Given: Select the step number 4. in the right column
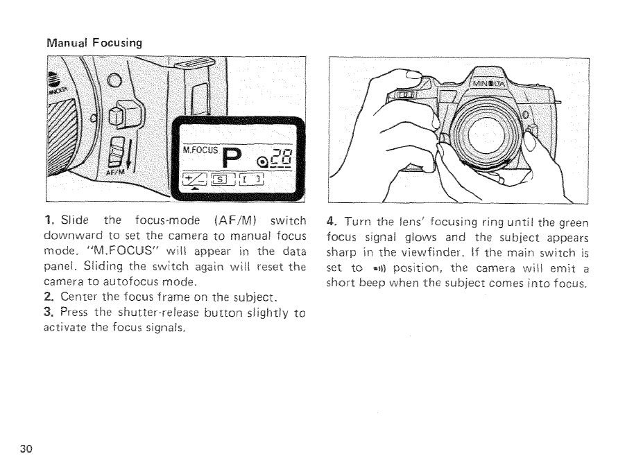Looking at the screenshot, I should click(332, 222).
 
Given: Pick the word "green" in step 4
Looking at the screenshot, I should click(572, 222).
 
